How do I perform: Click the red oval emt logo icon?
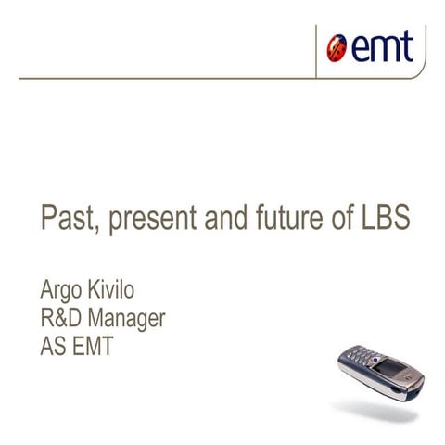point(337,47)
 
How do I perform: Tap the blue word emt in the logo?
point(379,46)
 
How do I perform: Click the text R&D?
point(64,320)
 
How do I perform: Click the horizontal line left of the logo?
point(167,79)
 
